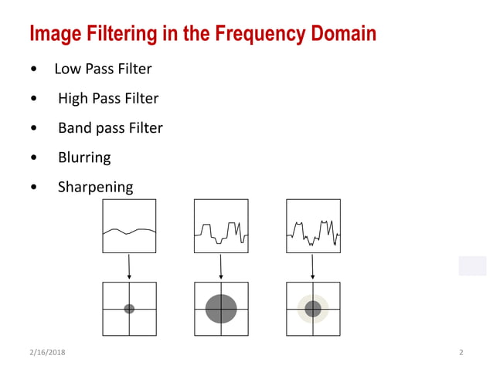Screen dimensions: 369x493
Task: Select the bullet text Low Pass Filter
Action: [103, 69]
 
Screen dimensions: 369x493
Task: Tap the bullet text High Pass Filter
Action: [108, 99]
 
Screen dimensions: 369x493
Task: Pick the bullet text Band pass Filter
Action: [110, 128]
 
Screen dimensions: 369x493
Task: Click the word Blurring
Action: [84, 157]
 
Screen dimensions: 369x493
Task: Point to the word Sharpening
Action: [95, 187]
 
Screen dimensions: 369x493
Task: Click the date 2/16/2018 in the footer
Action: [46, 353]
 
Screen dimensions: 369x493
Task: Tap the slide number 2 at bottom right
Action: [461, 353]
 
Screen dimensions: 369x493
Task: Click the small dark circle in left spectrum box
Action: [129, 309]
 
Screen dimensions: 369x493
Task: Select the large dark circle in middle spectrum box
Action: [221, 309]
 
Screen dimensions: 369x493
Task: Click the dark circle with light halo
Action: [313, 309]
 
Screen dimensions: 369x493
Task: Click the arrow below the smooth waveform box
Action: [129, 266]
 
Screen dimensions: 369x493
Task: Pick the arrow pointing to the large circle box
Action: [221, 266]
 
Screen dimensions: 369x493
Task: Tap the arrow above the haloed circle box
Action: [312, 266]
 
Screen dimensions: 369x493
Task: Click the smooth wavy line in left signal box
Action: [129, 230]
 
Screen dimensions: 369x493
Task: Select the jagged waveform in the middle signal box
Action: [221, 231]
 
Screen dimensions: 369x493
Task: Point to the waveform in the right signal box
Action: [313, 231]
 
